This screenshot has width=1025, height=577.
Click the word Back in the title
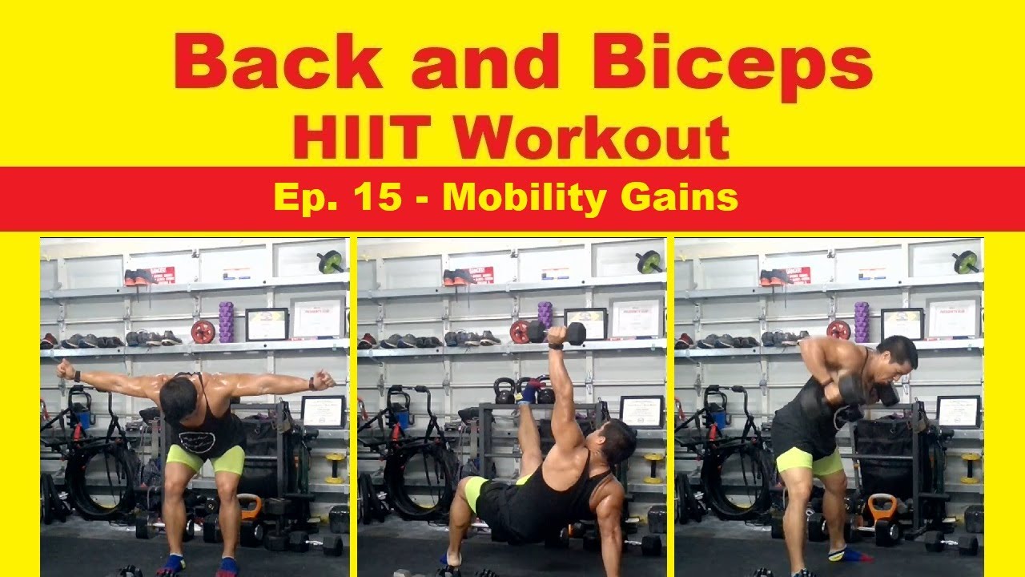tap(277, 62)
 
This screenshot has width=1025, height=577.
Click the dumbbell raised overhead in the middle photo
tap(557, 333)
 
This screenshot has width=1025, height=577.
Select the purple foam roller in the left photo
tap(226, 322)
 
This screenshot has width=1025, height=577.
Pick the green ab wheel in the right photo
tap(966, 261)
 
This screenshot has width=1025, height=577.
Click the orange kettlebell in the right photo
tap(882, 508)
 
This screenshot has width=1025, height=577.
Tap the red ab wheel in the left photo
tap(203, 332)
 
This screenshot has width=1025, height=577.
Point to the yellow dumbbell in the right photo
tap(971, 467)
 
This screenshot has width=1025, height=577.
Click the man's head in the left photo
tap(179, 400)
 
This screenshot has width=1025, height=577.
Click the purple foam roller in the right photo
tap(861, 322)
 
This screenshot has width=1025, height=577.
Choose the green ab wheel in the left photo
tap(331, 261)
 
